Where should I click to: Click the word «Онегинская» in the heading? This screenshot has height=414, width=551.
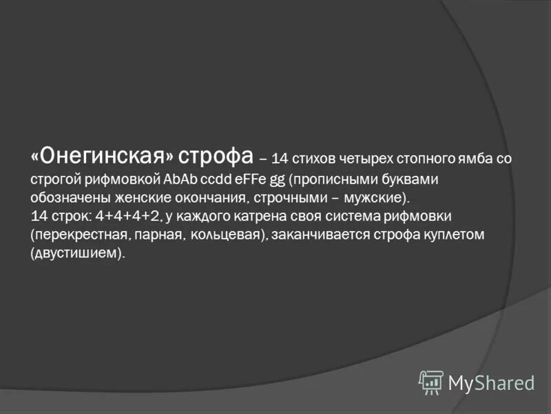[x=104, y=158]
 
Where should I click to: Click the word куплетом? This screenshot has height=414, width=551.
[x=456, y=235]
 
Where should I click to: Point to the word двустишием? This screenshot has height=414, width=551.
[x=76, y=254]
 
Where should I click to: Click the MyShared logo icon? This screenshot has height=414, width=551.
[x=431, y=382]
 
